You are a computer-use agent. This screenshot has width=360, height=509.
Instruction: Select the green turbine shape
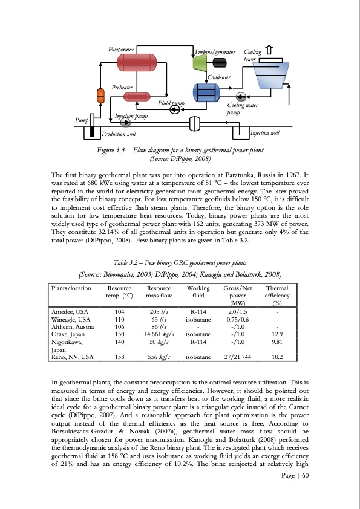tap(199, 61)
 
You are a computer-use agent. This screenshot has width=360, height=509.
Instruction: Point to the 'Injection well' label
tap(265, 132)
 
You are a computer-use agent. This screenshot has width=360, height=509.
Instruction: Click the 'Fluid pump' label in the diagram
tap(170, 104)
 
